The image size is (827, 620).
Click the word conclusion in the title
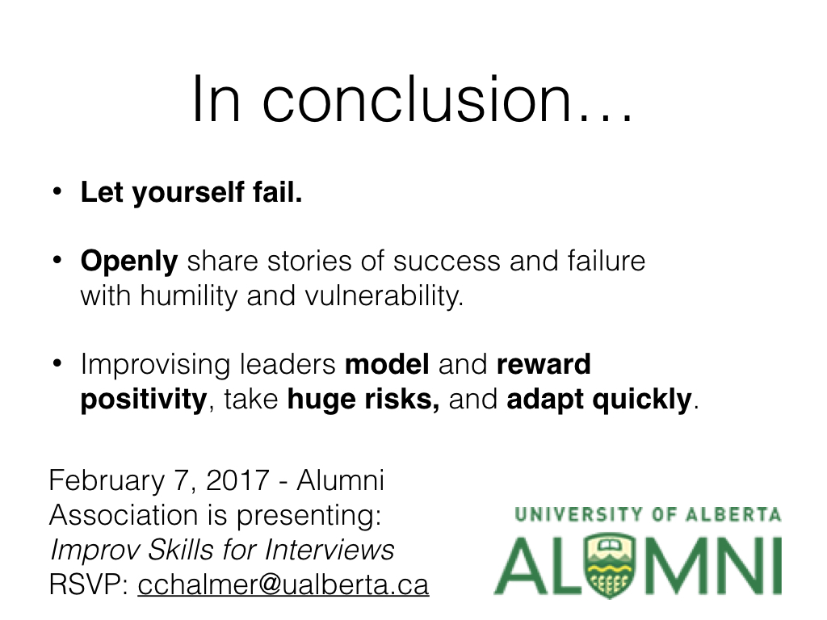(x=418, y=99)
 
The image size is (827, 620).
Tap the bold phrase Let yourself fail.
(x=191, y=192)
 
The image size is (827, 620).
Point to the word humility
(x=189, y=295)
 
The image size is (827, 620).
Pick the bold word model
(x=387, y=364)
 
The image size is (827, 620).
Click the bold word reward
(x=544, y=364)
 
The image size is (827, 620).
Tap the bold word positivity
(x=144, y=399)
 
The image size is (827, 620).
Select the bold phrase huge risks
(x=363, y=399)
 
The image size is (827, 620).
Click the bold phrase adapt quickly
(x=599, y=399)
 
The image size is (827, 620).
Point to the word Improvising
(x=155, y=365)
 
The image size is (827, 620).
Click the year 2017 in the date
(x=238, y=480)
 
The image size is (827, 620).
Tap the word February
(x=107, y=481)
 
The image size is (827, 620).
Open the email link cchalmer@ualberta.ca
(x=283, y=584)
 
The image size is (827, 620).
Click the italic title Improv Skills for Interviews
(x=222, y=550)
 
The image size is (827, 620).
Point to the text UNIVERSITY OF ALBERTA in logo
(x=648, y=514)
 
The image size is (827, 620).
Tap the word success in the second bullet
(x=446, y=262)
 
